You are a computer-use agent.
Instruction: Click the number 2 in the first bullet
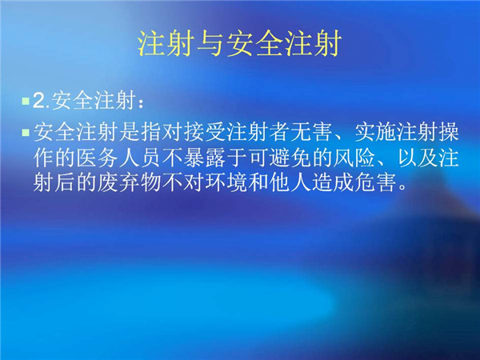[x=39, y=100]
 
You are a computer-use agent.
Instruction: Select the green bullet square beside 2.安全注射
[x=26, y=101]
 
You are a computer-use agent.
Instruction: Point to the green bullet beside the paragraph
[x=26, y=133]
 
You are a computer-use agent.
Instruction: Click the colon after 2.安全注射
[x=141, y=103]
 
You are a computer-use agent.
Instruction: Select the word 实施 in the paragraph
[x=376, y=132]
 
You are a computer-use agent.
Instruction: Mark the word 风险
[x=354, y=158]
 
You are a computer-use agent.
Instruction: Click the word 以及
[x=418, y=158]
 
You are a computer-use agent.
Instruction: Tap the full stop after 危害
[x=403, y=188]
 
